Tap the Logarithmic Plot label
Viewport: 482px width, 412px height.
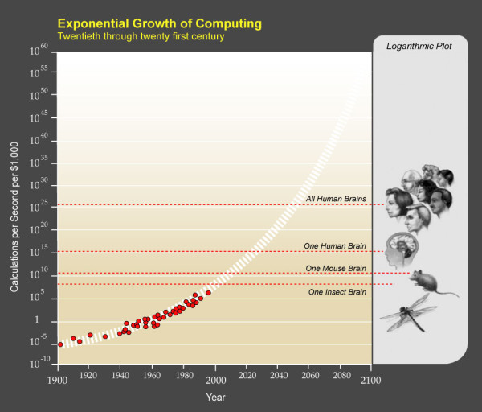(419, 47)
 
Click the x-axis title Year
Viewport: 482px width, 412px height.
(214, 397)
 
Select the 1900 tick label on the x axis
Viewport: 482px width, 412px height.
(57, 377)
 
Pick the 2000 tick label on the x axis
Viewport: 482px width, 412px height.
(215, 377)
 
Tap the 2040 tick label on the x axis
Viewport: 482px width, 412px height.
(278, 377)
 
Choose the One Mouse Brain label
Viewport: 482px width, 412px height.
(336, 268)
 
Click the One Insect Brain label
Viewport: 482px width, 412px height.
(337, 291)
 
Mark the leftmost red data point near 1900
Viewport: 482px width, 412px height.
(60, 344)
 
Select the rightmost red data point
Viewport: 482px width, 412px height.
(208, 293)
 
